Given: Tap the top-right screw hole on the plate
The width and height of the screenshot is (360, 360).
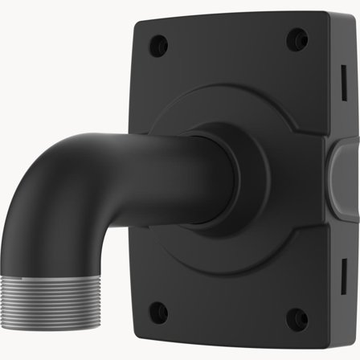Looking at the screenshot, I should coord(298,36).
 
